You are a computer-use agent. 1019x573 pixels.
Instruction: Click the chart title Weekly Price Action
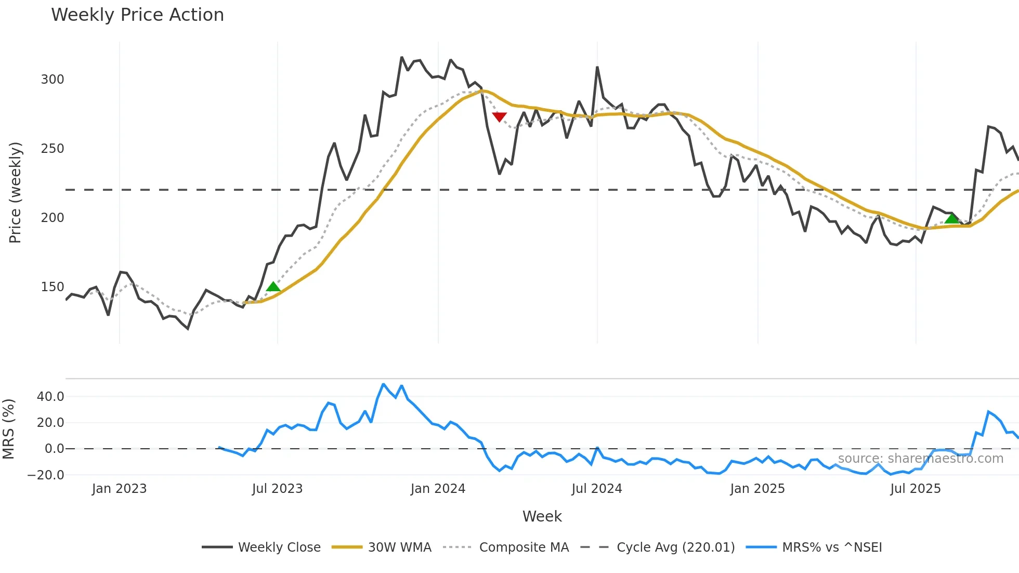137,15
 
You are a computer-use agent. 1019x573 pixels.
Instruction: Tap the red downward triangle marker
499,117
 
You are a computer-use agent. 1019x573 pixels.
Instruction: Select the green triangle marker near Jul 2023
273,286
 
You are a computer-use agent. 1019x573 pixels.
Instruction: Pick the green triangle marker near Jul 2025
951,218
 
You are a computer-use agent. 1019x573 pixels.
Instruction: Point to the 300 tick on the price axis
53,80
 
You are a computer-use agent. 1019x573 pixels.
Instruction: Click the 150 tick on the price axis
53,287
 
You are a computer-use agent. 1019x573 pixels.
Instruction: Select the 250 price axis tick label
53,149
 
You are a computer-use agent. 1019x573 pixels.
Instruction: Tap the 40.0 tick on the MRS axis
50,397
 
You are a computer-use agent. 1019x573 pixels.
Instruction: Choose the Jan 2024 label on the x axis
438,489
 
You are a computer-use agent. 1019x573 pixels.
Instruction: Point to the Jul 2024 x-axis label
597,489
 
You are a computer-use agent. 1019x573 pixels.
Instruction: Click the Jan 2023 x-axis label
119,489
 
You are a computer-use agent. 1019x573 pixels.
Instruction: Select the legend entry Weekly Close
279,548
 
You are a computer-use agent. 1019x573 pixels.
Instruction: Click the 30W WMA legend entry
399,548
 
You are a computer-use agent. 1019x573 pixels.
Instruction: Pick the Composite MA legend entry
524,548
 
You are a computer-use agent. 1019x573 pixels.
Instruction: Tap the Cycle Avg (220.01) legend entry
675,548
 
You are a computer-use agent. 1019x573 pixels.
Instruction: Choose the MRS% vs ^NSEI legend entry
832,548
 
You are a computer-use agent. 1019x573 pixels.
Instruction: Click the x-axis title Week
542,516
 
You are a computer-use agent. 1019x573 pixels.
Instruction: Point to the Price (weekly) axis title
16,192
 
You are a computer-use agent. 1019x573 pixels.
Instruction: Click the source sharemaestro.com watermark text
920,459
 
